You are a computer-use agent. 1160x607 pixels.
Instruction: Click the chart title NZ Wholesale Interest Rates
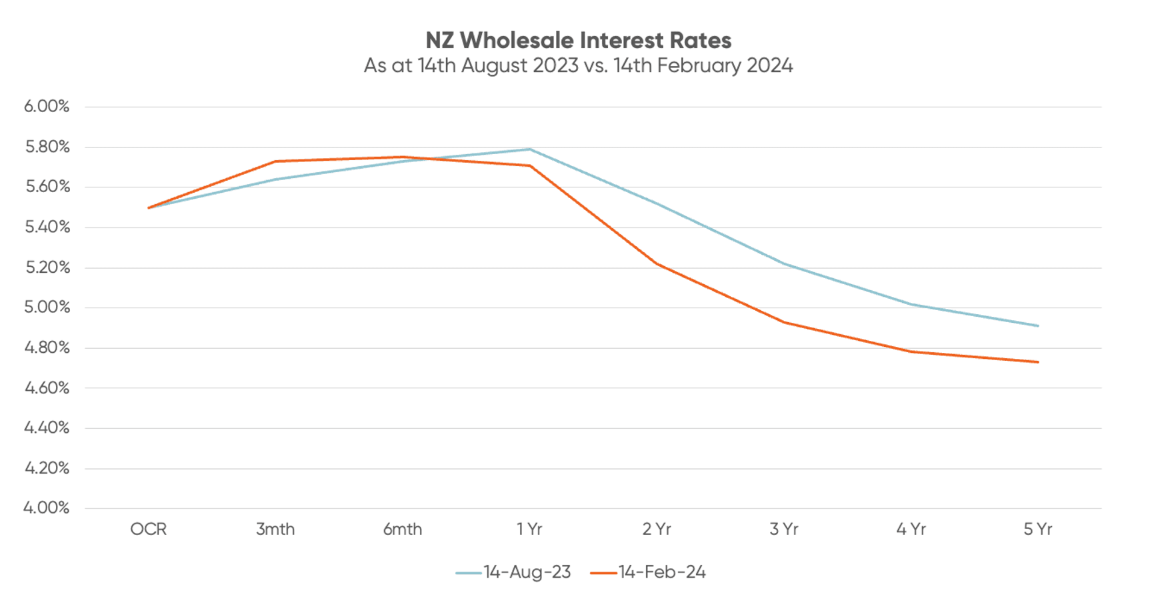578,41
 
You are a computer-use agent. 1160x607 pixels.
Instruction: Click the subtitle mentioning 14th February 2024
578,65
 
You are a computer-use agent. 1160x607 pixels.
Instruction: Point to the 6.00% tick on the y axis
47,106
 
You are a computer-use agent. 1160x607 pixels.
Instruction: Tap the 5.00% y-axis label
47,307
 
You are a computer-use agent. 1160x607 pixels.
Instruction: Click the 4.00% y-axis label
47,508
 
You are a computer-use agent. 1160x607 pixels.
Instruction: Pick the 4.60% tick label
47,388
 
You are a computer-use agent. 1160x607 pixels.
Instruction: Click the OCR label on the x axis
148,530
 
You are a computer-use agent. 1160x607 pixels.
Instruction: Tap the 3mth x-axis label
275,530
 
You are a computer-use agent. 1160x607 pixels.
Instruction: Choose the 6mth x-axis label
402,530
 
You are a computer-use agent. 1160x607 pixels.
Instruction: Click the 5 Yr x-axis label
1037,530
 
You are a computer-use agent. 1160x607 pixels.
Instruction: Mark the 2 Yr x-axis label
657,530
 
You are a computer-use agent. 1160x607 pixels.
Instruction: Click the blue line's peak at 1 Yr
529,149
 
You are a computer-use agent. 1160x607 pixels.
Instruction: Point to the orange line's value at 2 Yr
657,263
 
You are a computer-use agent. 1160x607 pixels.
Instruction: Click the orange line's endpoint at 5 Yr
1037,362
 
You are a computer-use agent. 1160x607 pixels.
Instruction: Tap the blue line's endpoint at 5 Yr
1037,326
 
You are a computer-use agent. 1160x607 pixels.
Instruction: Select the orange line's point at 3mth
275,161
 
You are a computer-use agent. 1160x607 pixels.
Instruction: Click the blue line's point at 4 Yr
911,304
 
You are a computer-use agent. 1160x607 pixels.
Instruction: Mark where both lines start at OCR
149,207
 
